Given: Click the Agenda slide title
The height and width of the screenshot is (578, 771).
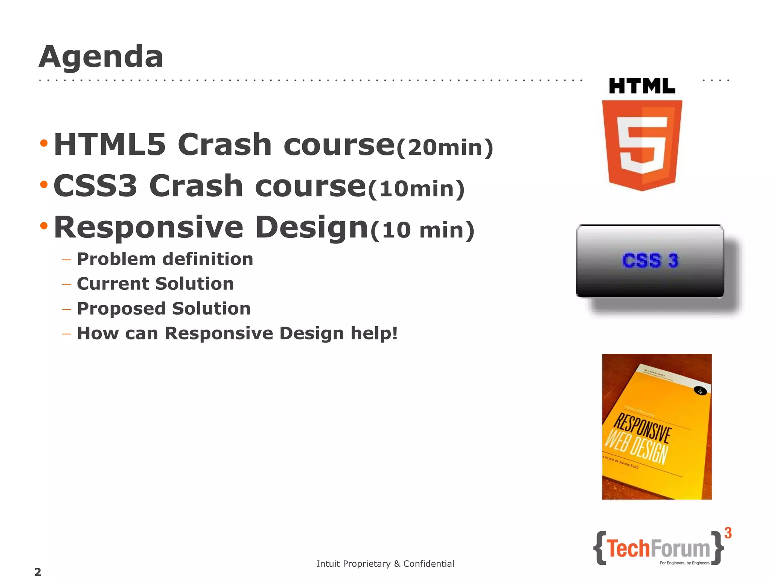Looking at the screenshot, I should [x=101, y=56].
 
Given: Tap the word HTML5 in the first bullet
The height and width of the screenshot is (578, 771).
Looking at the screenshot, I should [x=110, y=144].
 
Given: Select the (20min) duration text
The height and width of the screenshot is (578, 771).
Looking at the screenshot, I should [x=445, y=147].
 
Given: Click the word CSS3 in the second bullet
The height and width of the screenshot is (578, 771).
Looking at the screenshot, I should [x=95, y=186].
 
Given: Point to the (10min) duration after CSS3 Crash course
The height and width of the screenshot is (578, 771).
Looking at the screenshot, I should [x=416, y=189].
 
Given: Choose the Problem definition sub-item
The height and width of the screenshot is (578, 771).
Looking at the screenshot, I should [x=165, y=259].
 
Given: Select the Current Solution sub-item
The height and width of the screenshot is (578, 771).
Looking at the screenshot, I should [x=155, y=284].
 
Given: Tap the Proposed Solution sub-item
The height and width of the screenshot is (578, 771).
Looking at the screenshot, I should [x=164, y=309].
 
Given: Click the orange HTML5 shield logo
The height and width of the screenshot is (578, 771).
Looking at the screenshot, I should [x=642, y=145].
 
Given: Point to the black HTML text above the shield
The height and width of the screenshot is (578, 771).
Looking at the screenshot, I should [x=642, y=86].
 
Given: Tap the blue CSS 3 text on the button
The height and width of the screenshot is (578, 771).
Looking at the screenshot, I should [x=650, y=260].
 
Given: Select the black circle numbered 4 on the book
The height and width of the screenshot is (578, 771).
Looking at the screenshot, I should [x=700, y=391].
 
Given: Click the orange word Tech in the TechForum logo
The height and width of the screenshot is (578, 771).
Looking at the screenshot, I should [x=628, y=548].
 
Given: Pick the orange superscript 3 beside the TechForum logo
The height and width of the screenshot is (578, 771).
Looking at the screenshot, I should [x=728, y=533].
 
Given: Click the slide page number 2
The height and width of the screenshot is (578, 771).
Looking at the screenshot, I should [x=38, y=572].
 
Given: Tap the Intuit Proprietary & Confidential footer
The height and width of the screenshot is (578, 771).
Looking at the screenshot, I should [x=385, y=564].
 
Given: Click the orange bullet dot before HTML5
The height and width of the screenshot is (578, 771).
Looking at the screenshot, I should [x=44, y=143].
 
